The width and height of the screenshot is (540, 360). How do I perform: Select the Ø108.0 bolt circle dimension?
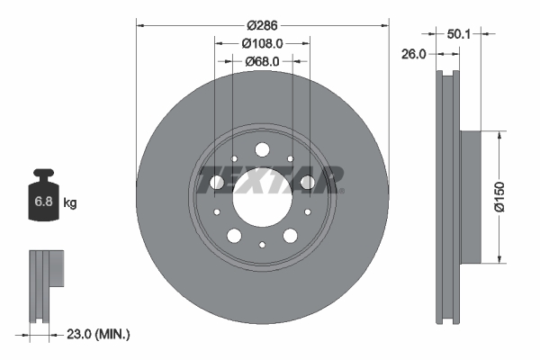coord(262,42)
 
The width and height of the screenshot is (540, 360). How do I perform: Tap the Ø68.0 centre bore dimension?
coord(262,61)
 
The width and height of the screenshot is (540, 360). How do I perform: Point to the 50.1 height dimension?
coord(460,33)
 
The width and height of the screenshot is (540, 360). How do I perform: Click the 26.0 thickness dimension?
coord(413,55)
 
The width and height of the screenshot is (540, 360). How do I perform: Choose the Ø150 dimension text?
coord(510,197)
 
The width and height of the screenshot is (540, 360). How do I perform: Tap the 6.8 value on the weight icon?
coord(43,202)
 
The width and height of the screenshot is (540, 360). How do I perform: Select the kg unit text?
coord(70,203)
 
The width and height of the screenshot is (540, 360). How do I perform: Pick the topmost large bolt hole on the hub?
coord(262,150)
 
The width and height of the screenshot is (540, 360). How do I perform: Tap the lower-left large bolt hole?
coord(234,236)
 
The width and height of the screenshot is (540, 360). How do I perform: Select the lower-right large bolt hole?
coord(290,236)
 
